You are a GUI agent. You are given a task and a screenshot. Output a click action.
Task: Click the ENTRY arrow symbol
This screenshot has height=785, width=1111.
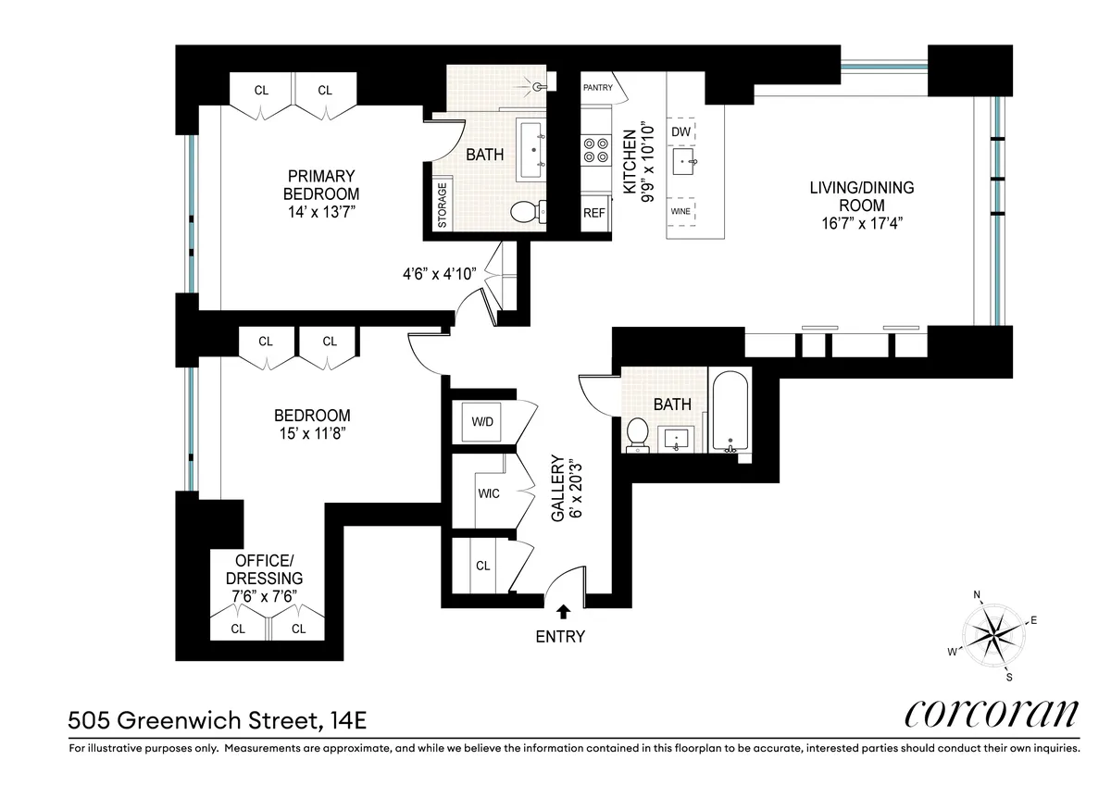[x=563, y=611]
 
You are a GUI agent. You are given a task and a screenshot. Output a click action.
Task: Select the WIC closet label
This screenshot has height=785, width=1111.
[x=488, y=493]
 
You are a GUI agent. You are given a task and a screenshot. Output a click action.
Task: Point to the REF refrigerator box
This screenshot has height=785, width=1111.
[x=593, y=212]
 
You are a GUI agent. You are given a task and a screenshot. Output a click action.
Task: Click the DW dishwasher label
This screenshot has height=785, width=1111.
[x=681, y=132]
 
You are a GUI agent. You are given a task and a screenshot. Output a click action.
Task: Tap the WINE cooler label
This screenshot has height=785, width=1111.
[x=680, y=211]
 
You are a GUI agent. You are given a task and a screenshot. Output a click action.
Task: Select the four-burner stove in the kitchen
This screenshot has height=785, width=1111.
[x=593, y=150]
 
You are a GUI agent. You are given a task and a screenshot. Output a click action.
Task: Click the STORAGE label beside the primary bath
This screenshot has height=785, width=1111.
[x=442, y=206]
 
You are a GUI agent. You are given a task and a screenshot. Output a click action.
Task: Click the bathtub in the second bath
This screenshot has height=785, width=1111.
[x=730, y=411]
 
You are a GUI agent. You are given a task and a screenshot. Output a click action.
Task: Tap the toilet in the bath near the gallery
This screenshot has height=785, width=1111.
[x=637, y=433]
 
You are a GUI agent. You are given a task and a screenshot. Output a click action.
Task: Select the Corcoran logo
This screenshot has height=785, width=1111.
[x=990, y=714]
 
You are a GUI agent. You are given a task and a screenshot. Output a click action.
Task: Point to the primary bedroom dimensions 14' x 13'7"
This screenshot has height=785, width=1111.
[x=320, y=212]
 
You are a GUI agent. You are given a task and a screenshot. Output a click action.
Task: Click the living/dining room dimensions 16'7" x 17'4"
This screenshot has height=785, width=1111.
[x=861, y=223]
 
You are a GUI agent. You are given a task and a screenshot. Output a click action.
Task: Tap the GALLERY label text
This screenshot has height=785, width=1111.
[x=558, y=488]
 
